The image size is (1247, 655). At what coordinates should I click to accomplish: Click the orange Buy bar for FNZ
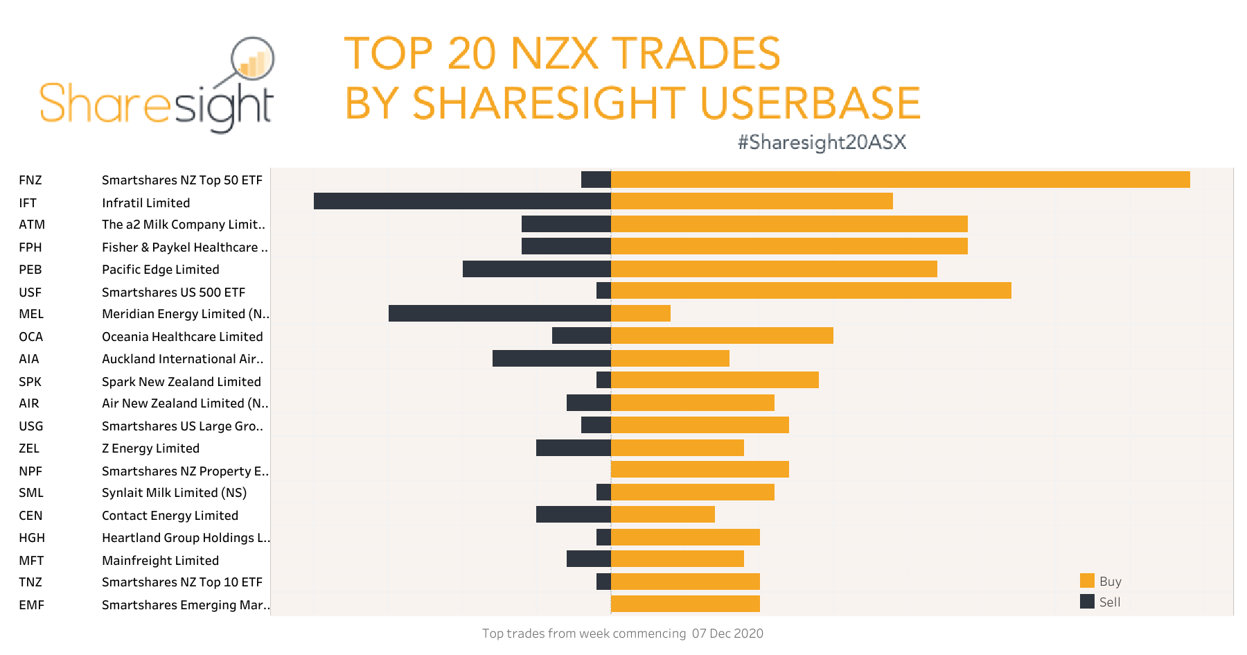[900, 180]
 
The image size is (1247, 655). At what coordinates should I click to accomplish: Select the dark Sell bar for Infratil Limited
[462, 201]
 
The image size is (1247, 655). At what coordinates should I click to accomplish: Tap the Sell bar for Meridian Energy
[499, 313]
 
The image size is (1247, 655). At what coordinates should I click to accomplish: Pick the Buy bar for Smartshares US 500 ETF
[811, 290]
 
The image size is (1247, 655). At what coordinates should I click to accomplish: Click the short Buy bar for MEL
[641, 313]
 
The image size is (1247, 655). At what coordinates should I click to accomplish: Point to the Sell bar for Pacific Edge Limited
[537, 269]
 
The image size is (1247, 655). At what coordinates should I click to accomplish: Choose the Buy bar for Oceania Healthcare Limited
[722, 335]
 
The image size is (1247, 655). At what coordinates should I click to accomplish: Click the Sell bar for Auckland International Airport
[551, 358]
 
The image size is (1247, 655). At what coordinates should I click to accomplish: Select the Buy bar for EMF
[685, 604]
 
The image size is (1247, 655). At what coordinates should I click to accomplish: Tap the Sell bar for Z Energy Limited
[574, 448]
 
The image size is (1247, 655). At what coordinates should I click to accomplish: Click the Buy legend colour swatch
[1087, 581]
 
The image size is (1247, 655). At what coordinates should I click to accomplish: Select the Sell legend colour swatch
[1087, 602]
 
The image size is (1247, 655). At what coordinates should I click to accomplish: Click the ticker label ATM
[32, 225]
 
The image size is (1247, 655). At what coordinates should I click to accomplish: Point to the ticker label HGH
[32, 538]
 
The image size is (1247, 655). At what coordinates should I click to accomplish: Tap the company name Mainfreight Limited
[160, 560]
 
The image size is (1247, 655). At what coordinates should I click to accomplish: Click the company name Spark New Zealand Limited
[182, 381]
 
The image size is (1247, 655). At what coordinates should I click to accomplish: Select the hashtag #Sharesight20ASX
[822, 142]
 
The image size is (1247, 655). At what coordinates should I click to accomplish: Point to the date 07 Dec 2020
[727, 634]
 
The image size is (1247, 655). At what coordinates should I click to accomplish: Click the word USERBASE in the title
[810, 103]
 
